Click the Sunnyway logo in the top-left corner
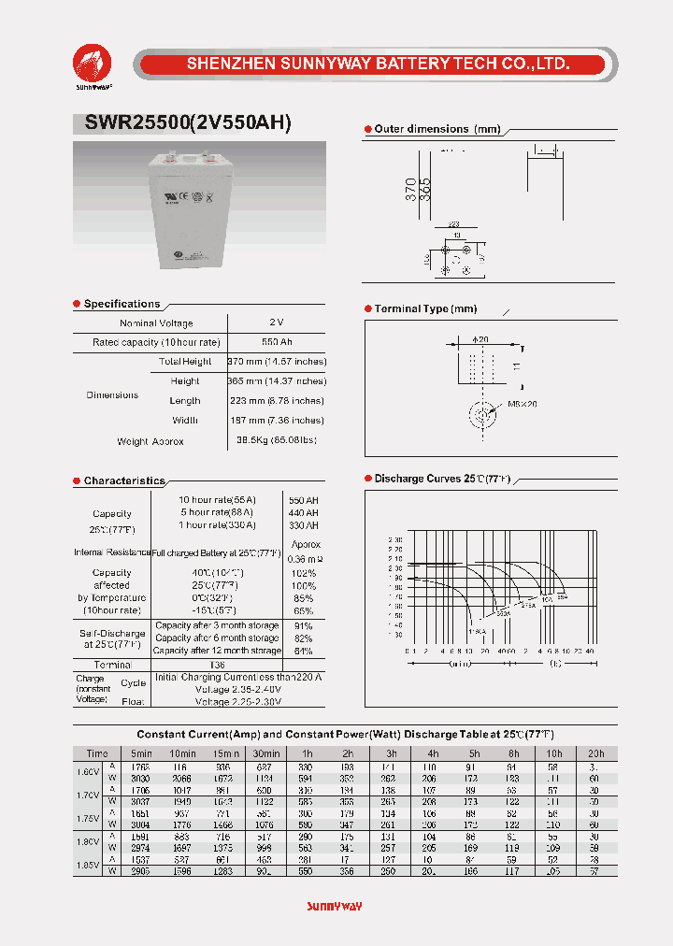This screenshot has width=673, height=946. point(93,65)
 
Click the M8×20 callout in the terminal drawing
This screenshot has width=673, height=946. point(523,404)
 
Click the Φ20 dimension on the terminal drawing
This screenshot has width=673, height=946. point(481,339)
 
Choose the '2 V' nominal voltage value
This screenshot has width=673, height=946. point(276,322)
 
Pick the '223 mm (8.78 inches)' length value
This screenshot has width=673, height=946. point(277,400)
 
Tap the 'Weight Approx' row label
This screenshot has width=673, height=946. point(150,441)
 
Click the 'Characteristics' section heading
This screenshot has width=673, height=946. point(123,480)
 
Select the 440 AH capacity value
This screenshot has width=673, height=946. point(304,513)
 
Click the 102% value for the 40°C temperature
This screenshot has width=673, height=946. point(304,573)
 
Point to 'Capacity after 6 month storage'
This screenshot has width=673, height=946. point(217,638)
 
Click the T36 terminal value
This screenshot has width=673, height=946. point(217,665)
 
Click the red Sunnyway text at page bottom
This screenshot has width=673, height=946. point(334,907)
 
